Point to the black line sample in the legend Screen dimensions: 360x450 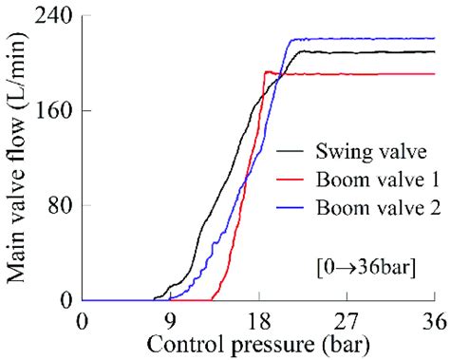[291, 151]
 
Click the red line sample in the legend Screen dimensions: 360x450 [291, 180]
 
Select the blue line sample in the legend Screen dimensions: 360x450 [291, 210]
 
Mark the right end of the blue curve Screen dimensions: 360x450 [434, 39]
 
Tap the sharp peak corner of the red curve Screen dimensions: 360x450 [266, 71]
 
